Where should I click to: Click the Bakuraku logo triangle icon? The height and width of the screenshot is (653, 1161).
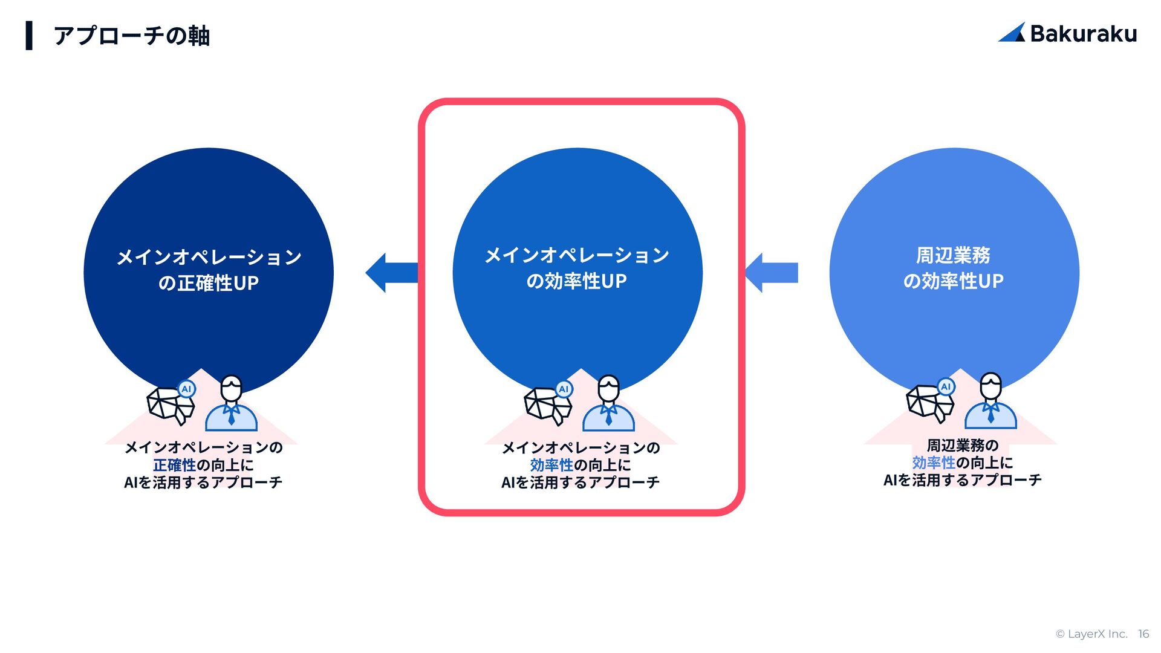(x=1012, y=33)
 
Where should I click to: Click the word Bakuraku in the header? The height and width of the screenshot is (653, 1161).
(x=1083, y=34)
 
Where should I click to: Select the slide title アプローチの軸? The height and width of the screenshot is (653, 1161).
(x=131, y=36)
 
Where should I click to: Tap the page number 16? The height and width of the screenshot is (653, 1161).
(x=1143, y=634)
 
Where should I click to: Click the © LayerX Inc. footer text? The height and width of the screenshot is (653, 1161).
(x=1091, y=634)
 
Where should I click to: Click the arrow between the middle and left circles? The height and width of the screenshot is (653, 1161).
(x=392, y=273)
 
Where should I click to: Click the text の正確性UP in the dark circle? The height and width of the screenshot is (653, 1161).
(x=208, y=283)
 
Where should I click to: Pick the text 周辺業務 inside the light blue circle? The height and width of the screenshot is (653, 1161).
(x=953, y=255)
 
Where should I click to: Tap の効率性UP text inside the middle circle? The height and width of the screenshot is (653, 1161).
(x=576, y=281)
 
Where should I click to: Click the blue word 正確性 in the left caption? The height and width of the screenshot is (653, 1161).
(x=174, y=465)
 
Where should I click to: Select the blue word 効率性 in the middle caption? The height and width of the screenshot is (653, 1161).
(x=551, y=465)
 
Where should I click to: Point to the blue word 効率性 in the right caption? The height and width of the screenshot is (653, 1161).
(x=934, y=463)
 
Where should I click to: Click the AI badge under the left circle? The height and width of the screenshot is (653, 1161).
(x=187, y=389)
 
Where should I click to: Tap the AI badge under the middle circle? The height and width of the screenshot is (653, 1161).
(x=564, y=389)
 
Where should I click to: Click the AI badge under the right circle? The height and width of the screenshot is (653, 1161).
(x=946, y=386)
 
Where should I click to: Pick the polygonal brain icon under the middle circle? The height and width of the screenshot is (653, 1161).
(x=547, y=404)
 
